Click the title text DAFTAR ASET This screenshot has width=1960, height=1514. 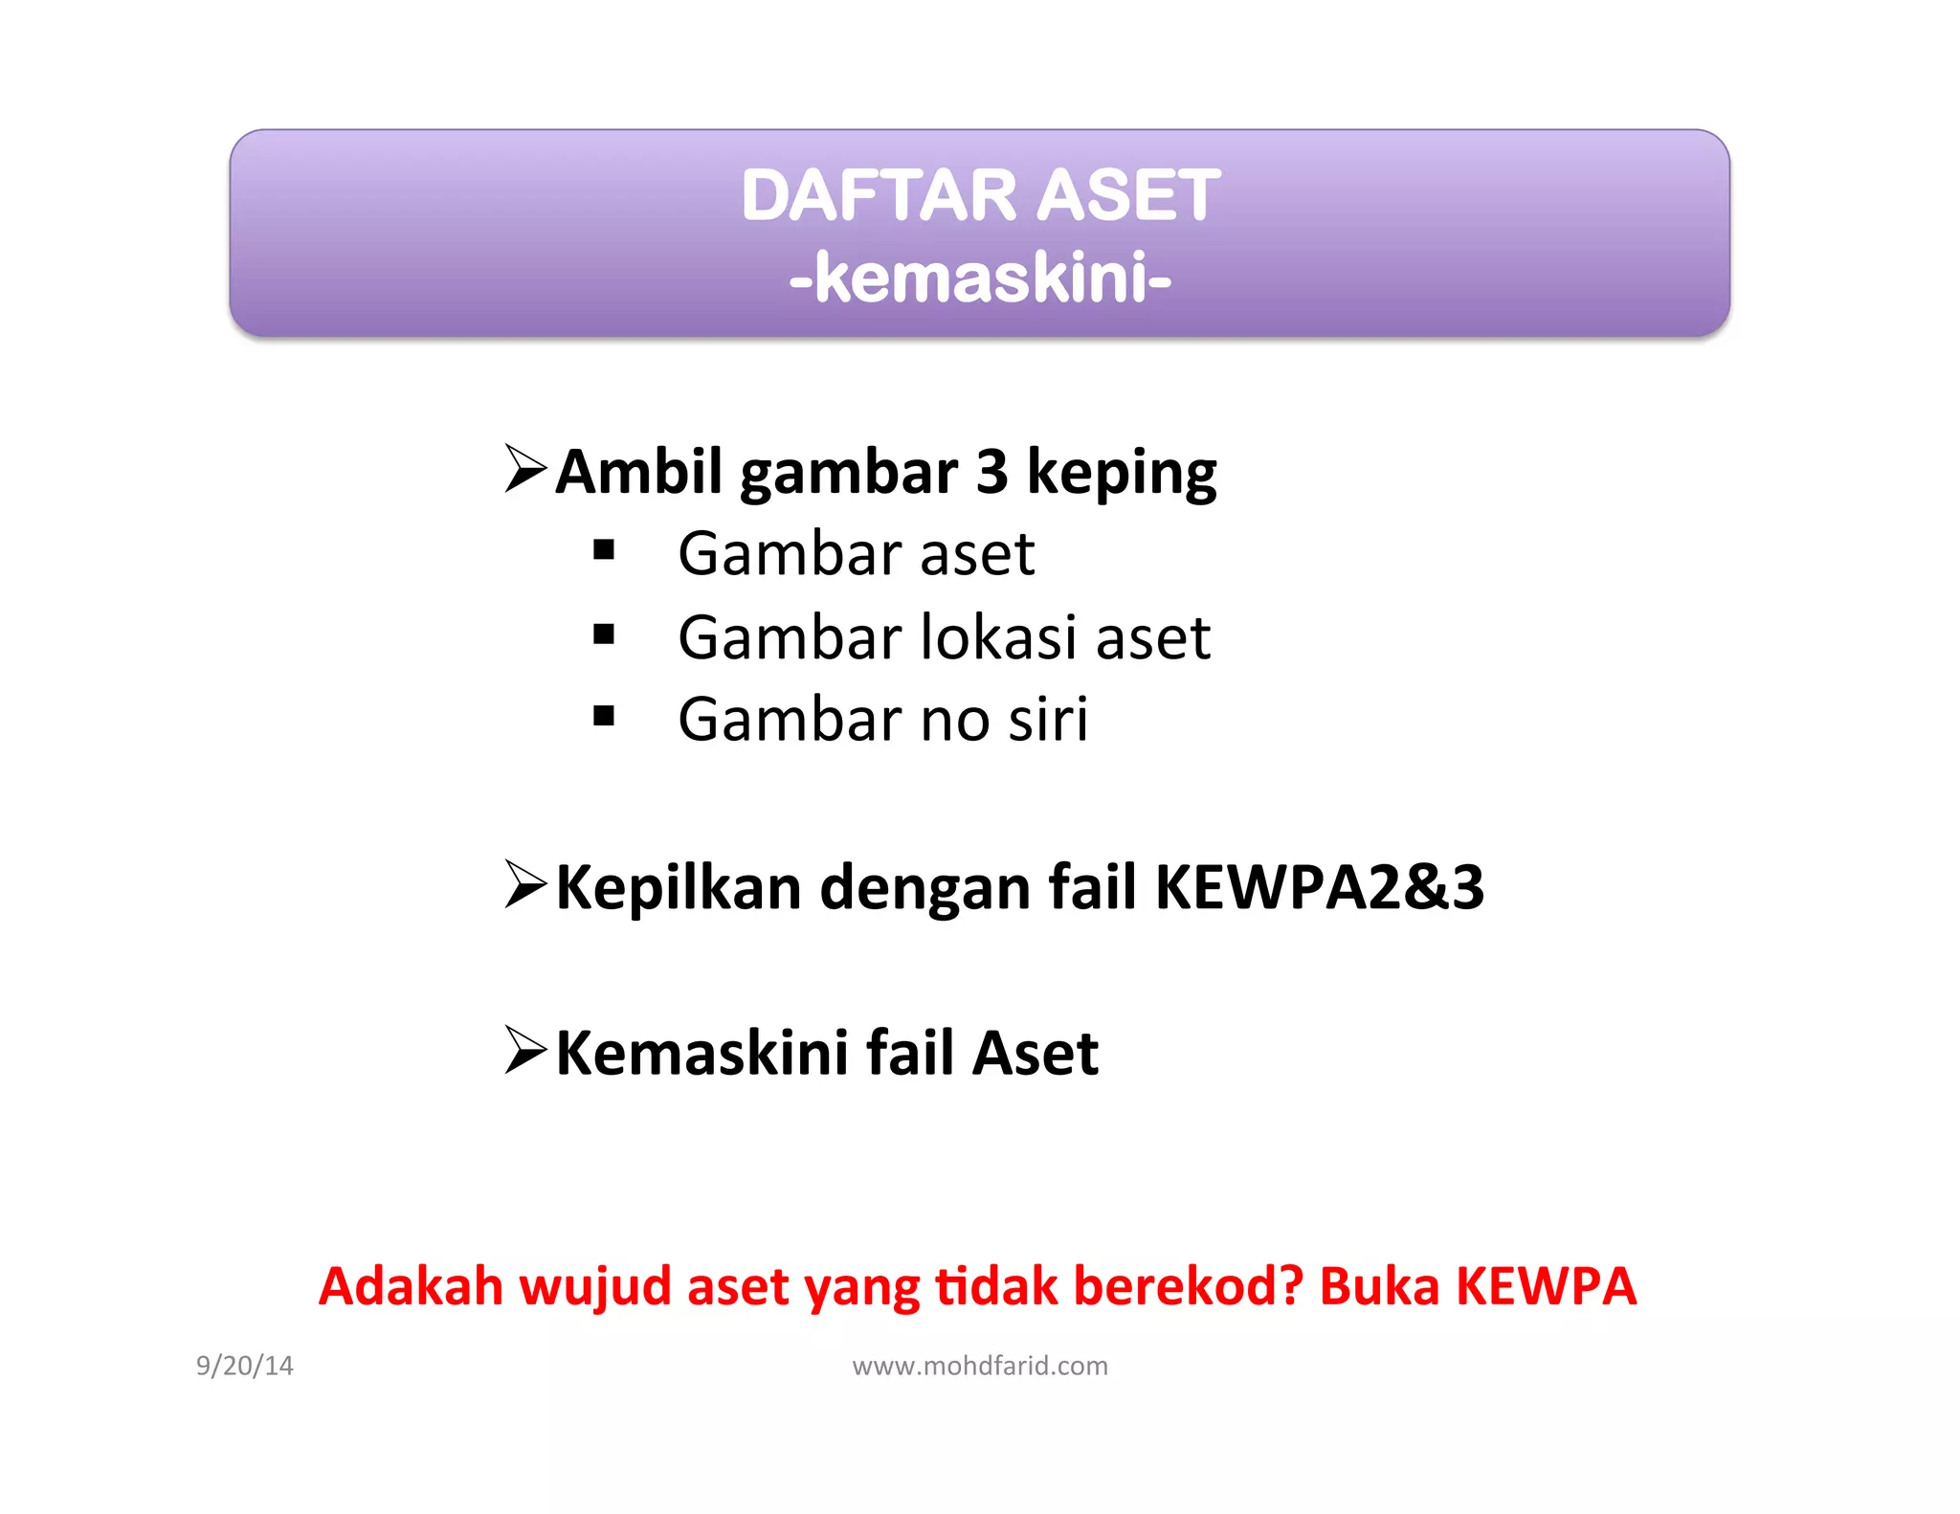coord(980,195)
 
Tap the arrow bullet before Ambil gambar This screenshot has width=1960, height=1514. coord(525,468)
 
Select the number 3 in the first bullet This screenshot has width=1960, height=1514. coord(991,472)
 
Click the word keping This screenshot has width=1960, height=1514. coord(1121,474)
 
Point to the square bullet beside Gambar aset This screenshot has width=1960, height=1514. coord(604,550)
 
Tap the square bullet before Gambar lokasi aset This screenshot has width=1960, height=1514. coord(604,634)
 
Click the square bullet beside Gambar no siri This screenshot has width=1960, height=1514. coord(604,716)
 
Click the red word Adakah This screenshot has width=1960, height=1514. coord(411,1285)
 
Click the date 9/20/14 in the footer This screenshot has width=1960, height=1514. coord(245,1366)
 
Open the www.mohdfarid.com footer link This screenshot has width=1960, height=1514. coord(980,1366)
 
